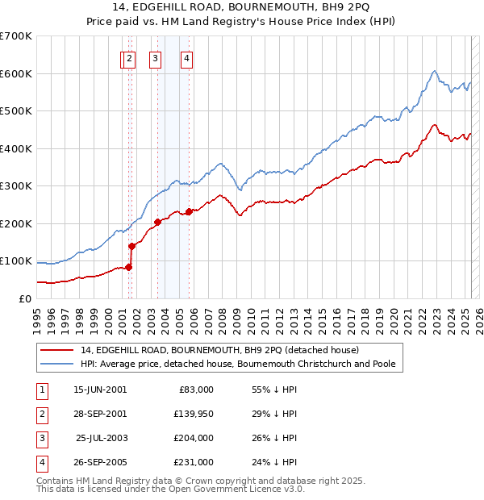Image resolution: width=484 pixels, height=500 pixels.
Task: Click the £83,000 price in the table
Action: tap(194, 390)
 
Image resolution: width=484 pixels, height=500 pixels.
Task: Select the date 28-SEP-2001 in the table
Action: tap(100, 414)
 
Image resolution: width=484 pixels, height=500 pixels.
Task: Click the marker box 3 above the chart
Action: tap(155, 58)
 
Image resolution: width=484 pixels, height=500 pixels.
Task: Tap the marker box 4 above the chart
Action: tap(186, 58)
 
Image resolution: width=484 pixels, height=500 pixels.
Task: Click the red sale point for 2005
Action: tap(189, 212)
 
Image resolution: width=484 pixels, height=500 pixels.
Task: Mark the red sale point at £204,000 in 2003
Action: tap(158, 222)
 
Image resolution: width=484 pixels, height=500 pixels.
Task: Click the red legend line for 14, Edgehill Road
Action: tap(56, 350)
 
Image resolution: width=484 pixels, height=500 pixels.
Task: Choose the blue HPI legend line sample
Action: tap(56, 364)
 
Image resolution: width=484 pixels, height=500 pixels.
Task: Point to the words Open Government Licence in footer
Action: tap(235, 489)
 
